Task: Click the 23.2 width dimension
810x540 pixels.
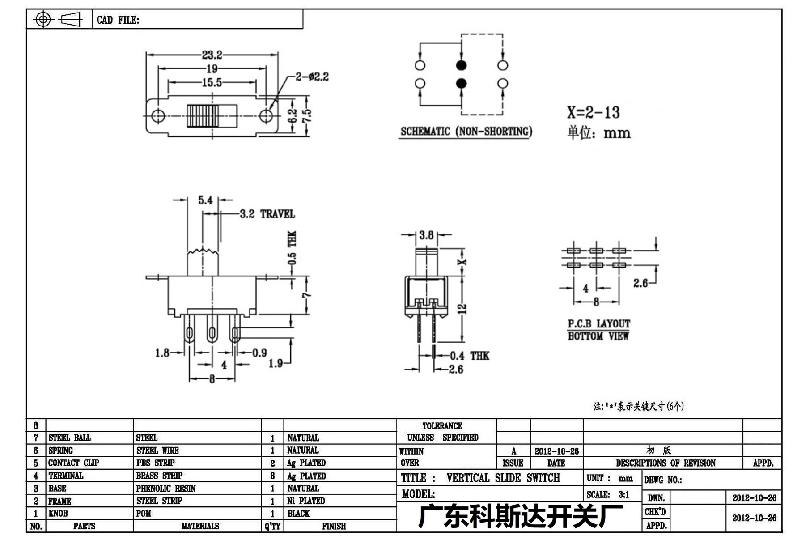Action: pyautogui.click(x=212, y=55)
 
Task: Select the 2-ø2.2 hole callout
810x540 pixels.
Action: pyautogui.click(x=312, y=77)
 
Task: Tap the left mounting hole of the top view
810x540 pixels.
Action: pyautogui.click(x=158, y=116)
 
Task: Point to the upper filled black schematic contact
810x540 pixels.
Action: pyautogui.click(x=461, y=65)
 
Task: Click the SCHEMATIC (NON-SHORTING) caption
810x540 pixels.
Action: pyautogui.click(x=466, y=132)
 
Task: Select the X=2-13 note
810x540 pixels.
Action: pyautogui.click(x=593, y=112)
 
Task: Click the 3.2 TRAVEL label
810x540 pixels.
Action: pyautogui.click(x=267, y=214)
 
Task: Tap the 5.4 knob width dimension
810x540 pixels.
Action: pyautogui.click(x=205, y=200)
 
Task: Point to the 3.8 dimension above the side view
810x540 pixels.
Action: pyautogui.click(x=426, y=235)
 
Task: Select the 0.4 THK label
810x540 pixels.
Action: pyautogui.click(x=469, y=356)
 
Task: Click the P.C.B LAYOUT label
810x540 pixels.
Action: pyautogui.click(x=598, y=323)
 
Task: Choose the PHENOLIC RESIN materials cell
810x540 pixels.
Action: pyautogui.click(x=166, y=488)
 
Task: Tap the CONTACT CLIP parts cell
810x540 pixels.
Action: pyautogui.click(x=73, y=463)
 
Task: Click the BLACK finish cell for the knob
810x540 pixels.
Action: pyautogui.click(x=298, y=513)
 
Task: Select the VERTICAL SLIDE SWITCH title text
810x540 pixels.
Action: pyautogui.click(x=503, y=478)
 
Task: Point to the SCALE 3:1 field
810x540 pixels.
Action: pyautogui.click(x=608, y=494)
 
